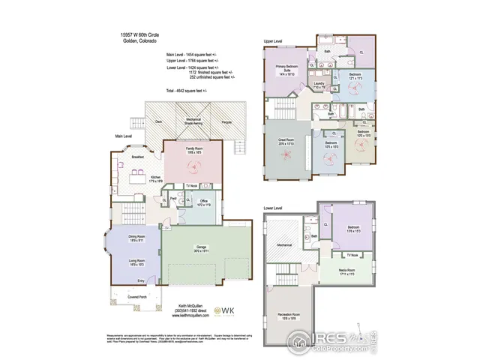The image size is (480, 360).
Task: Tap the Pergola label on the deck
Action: coord(226,120)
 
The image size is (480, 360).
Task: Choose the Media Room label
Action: coord(346,273)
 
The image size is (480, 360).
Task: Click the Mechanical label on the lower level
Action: coord(283,244)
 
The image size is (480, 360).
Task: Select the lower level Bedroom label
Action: coord(354,229)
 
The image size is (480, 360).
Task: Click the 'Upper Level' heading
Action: coord(272,40)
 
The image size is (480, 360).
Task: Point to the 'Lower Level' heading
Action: coord(273,208)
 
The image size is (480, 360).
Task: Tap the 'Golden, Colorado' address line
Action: coord(139,41)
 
